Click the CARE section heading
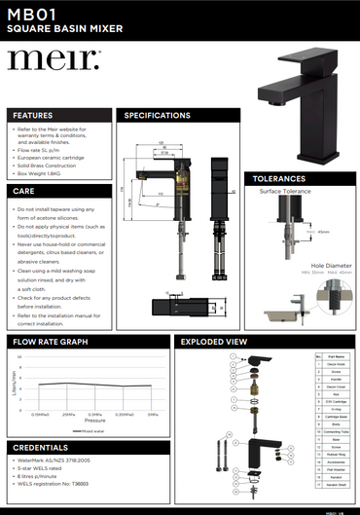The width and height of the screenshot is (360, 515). coord(24,191)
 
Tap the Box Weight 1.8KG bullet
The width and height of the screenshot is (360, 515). coord(49,175)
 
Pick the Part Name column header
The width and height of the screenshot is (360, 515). coord(337,357)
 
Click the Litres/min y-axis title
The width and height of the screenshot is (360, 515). coord(14,386)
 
